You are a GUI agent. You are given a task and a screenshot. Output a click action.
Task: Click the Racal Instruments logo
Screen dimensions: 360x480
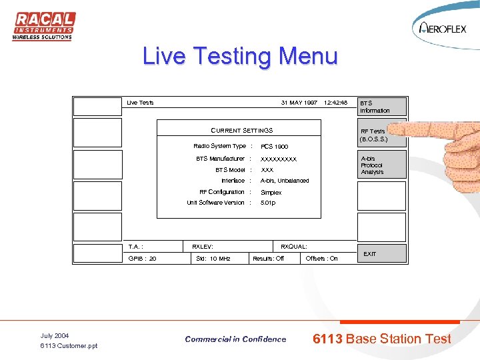click(x=44, y=26)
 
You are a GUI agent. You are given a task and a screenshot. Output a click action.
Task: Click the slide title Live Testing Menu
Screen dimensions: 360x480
click(x=240, y=56)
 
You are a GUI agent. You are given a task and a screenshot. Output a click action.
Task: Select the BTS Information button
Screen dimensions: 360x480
click(x=381, y=107)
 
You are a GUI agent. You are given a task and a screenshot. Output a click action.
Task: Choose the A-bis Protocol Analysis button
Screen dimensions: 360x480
click(x=381, y=165)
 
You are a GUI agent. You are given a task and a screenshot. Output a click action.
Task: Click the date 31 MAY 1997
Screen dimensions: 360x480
click(x=299, y=103)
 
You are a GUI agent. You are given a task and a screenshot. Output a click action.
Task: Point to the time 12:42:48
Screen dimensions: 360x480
click(x=335, y=103)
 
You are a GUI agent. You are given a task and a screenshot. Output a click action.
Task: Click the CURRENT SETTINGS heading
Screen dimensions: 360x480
click(x=241, y=131)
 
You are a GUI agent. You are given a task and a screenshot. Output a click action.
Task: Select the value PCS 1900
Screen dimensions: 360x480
click(x=274, y=147)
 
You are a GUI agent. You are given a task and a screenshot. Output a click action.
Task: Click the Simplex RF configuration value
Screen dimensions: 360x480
click(x=271, y=193)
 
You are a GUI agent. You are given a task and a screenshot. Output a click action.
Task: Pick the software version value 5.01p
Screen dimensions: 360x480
click(x=268, y=203)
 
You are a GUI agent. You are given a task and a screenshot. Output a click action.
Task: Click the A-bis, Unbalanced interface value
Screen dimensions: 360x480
click(x=285, y=181)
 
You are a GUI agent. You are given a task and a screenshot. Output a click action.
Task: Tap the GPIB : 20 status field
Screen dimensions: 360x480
click(x=143, y=259)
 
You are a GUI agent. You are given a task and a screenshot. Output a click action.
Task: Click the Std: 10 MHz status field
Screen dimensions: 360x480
click(x=213, y=259)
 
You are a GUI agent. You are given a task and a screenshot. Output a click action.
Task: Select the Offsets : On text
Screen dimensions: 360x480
click(x=321, y=259)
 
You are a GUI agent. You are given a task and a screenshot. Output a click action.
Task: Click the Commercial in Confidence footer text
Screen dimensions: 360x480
click(x=235, y=339)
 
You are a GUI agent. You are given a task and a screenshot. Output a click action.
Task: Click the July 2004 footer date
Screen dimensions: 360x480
click(x=55, y=335)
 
